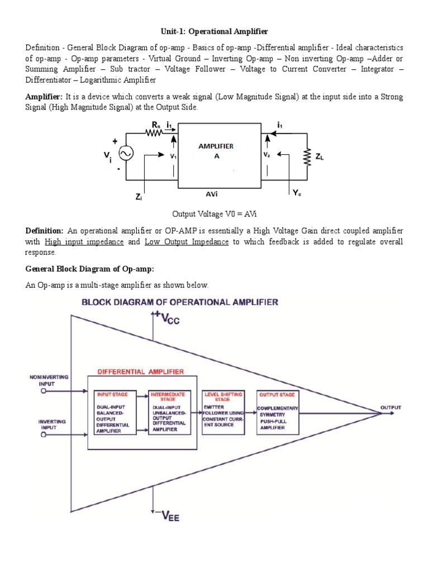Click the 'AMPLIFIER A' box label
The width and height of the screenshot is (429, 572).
coord(217,151)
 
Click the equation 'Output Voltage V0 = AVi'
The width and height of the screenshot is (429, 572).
coord(214,214)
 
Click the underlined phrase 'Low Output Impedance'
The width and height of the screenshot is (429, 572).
coord(187,242)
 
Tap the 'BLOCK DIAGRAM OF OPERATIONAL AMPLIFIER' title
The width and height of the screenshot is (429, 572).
coord(180,302)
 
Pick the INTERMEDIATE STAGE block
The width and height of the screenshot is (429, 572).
coord(170,413)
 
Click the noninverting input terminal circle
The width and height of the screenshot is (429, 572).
coord(43,392)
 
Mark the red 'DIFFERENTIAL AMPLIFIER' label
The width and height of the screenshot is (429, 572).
coord(141,371)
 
